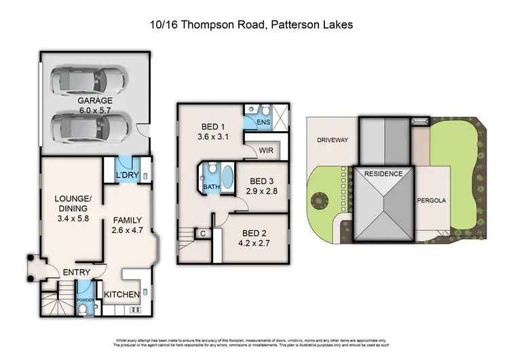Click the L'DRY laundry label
[127, 176]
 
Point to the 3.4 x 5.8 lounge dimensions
[72, 219]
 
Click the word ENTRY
[77, 272]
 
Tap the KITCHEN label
[122, 294]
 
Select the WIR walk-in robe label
[266, 151]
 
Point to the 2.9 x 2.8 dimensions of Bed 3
[262, 192]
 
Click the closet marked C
[203, 234]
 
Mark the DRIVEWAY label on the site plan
[332, 140]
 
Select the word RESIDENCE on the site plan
[383, 174]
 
